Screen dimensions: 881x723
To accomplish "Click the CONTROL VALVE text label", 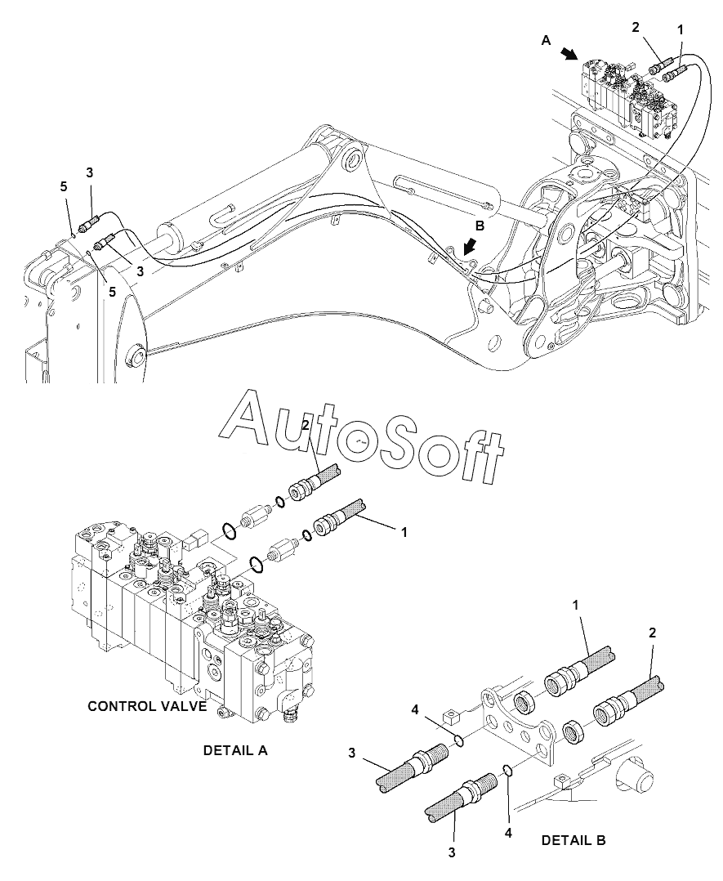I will tap(147, 706).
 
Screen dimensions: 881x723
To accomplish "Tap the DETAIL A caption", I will tap(235, 749).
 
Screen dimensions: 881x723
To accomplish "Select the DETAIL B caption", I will tap(573, 839).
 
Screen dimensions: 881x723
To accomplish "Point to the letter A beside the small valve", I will tap(546, 39).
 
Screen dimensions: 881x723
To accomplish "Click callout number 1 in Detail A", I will tap(403, 531).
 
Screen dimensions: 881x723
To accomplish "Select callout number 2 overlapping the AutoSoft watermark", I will tap(305, 425).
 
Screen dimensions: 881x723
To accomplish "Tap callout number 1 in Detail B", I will tap(574, 604).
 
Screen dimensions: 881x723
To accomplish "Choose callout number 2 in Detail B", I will tap(652, 632).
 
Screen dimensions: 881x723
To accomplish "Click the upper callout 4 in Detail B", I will tap(415, 709).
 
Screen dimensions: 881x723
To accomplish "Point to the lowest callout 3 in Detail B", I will tap(452, 853).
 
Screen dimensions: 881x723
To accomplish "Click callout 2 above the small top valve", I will tap(636, 27).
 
